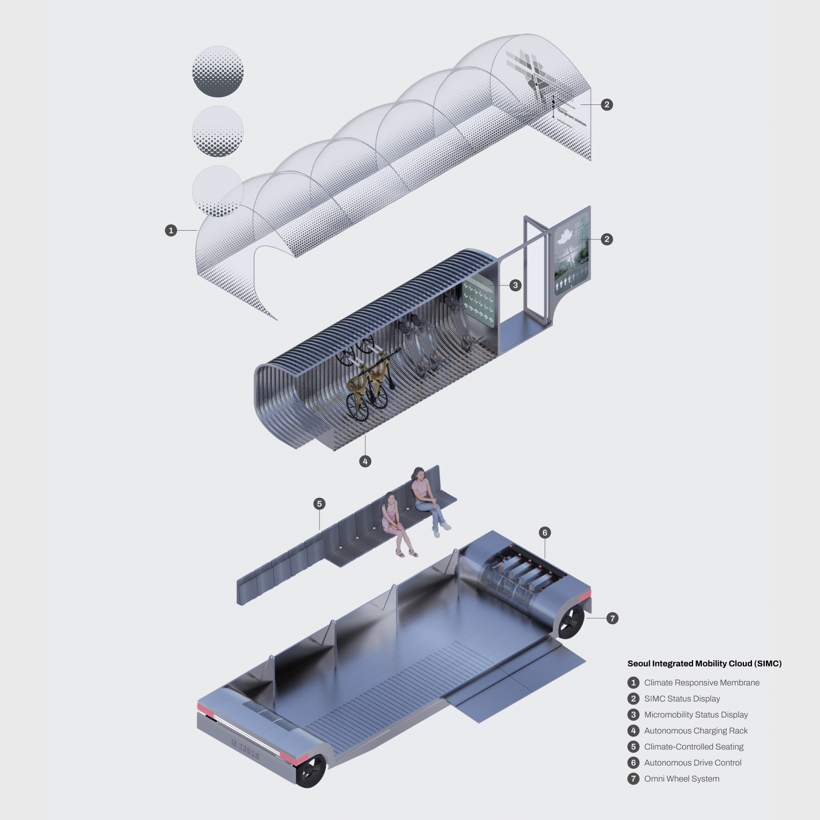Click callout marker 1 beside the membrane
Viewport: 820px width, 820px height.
[171, 231]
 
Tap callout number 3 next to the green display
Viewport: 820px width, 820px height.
[515, 285]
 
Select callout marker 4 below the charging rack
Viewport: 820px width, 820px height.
[365, 461]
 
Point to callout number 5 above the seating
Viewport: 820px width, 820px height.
[320, 504]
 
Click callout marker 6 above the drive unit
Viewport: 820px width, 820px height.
[545, 533]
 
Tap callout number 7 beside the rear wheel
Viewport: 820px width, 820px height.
[612, 618]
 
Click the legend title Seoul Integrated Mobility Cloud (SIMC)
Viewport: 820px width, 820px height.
[704, 664]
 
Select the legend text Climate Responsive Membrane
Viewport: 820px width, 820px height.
[701, 683]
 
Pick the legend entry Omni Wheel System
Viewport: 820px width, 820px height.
[681, 779]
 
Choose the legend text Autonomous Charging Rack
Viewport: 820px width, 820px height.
[695, 731]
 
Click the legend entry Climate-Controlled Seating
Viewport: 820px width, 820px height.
[693, 747]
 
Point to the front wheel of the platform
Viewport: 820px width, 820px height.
[311, 771]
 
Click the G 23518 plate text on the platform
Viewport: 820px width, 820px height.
[245, 749]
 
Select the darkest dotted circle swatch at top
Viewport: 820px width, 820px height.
[218, 72]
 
